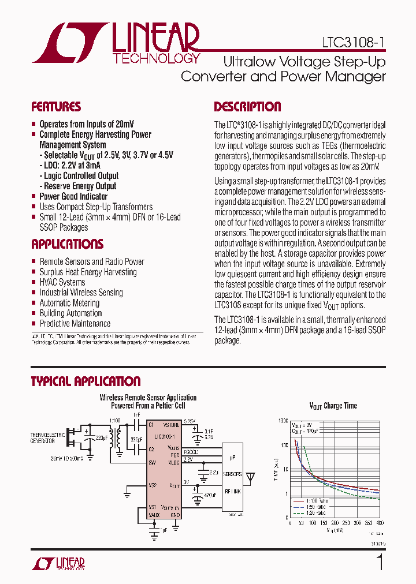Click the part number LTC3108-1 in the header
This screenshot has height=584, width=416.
click(x=354, y=43)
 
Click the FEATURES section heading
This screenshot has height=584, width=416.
click(x=56, y=107)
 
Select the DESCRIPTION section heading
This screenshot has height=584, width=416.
click(x=247, y=107)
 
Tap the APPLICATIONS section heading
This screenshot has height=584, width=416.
click(x=67, y=244)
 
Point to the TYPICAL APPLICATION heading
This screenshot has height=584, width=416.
click(x=86, y=381)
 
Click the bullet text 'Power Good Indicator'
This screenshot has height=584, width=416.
click(x=73, y=196)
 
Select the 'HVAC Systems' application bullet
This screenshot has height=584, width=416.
click(x=62, y=282)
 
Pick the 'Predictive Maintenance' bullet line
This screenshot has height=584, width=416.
click(x=75, y=324)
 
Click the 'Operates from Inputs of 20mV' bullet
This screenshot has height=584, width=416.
click(x=85, y=124)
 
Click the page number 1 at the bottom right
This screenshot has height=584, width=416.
click(x=380, y=563)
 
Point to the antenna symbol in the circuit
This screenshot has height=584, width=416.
click(x=250, y=477)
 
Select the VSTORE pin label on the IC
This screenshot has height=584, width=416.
click(x=171, y=425)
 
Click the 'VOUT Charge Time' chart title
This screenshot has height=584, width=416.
click(x=333, y=406)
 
